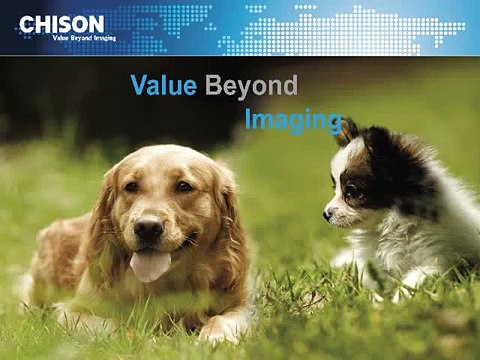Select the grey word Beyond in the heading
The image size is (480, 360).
(251, 87)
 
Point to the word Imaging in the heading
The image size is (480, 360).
(292, 121)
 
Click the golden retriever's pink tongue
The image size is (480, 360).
(151, 265)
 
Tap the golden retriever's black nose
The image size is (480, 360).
(149, 230)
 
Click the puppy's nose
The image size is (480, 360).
(328, 214)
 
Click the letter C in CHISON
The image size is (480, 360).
(27, 22)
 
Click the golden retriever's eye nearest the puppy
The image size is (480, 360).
(183, 187)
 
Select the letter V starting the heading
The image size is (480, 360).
(139, 86)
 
